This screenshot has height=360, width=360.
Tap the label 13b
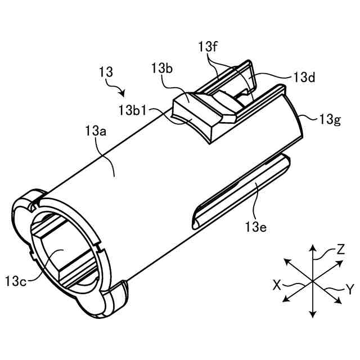tap(161, 69)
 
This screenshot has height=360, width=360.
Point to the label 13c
tap(17, 279)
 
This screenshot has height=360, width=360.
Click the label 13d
tap(304, 78)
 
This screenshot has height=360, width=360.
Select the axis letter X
tap(277, 285)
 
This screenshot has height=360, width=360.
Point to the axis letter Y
tap(349, 290)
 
